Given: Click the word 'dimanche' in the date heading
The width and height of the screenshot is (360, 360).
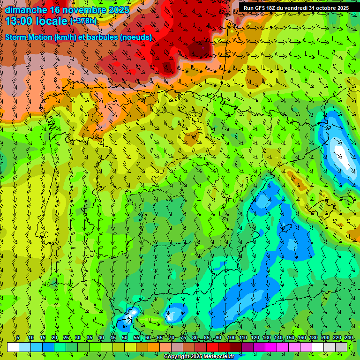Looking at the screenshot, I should click(26, 10).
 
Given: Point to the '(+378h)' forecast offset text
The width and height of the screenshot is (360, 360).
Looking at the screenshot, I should click(83, 21).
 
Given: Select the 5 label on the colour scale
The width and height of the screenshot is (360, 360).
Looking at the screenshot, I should click(18, 338).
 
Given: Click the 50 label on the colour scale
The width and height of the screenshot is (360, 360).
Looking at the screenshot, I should click(124, 338).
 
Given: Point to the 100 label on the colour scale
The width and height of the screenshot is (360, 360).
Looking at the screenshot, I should click(231, 338).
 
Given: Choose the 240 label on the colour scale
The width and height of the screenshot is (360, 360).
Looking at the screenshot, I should click(348, 338).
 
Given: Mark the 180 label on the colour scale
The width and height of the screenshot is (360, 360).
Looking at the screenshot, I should click(313, 338).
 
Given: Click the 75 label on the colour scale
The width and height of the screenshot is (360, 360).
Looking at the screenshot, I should click(183, 338).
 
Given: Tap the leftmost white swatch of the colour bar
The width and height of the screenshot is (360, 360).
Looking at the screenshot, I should click(13, 347).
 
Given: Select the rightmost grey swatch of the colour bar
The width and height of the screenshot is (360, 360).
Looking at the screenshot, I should click(342, 347).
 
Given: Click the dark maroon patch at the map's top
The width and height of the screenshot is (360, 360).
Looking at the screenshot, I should click(199, 49).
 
